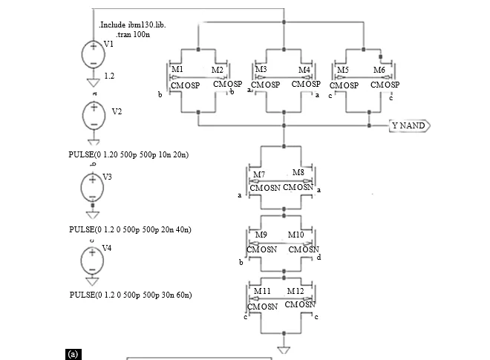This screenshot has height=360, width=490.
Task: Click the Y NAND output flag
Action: pos(409,125)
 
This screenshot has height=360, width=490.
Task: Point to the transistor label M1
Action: pos(177,69)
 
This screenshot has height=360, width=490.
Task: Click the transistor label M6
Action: pos(379,70)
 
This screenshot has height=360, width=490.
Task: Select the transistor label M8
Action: pos(298,172)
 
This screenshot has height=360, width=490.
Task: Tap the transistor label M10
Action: pos(295,235)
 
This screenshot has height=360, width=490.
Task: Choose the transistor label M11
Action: pos(262,291)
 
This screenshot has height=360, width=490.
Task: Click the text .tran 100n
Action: pos(133,34)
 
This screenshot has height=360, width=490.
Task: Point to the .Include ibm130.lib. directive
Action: pos(132,24)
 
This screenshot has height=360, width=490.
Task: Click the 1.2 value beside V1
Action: pos(109,76)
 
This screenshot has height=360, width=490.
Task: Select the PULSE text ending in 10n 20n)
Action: pos(128,154)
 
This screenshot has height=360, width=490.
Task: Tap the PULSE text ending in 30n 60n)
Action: pos(131,295)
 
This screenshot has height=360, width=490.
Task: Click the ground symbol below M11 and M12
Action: pos(284,350)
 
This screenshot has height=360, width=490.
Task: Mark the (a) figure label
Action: pos(73,354)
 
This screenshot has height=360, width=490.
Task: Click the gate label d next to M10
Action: pos(318,257)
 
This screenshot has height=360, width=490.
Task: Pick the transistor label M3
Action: pos(261,69)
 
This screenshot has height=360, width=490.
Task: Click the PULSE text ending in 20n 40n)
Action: pos(130,229)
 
